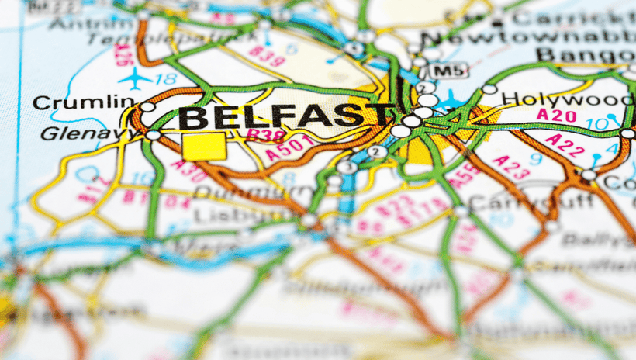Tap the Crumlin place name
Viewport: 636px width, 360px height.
point(84,102)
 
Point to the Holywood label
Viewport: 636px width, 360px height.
point(567,99)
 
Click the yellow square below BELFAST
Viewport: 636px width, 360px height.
point(204,146)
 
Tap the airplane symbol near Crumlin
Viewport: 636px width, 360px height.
point(137,78)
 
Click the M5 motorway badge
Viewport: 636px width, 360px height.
point(448,71)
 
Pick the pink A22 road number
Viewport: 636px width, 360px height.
point(565,145)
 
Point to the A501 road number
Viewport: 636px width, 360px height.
point(290,147)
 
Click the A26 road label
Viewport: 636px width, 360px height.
point(122,53)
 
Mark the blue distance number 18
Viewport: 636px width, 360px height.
point(165,78)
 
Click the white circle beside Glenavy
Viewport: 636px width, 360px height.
point(153,135)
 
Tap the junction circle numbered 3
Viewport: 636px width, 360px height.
point(347,166)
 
